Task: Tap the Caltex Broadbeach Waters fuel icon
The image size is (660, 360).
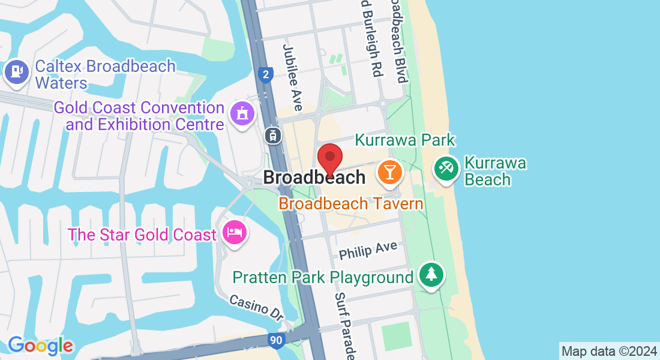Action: pos(16,72)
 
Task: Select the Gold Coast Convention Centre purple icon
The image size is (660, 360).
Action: pos(242,112)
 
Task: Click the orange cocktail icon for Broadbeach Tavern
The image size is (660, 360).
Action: pos(389,172)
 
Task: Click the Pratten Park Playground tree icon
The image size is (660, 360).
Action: pos(431,274)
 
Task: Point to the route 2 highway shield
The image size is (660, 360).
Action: pos(266,74)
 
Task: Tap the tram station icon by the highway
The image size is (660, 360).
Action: pos(272,135)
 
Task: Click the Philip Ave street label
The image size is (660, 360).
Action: pos(368,250)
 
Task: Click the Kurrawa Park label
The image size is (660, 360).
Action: pos(405,140)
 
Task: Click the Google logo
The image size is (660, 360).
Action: pos(40,346)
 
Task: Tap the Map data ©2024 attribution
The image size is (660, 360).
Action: pos(608,351)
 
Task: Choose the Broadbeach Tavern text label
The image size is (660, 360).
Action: pos(351,203)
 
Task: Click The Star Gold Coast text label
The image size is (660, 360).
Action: pos(142,234)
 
